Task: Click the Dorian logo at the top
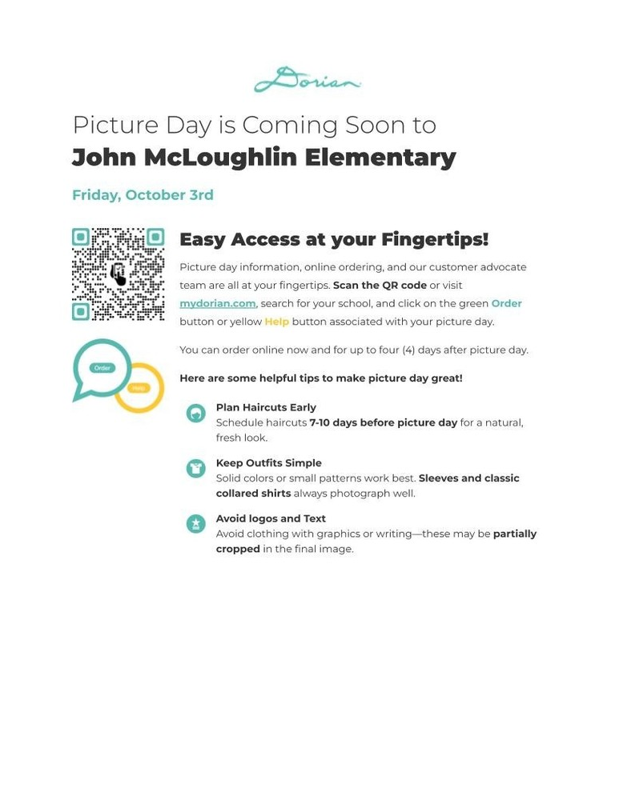(x=307, y=80)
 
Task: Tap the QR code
(x=118, y=274)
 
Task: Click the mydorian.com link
(x=217, y=303)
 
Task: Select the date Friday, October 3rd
(x=143, y=195)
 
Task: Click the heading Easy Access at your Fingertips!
(x=333, y=239)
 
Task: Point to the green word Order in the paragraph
(x=506, y=303)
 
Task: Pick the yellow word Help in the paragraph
(x=276, y=322)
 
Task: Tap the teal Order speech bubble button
(x=102, y=368)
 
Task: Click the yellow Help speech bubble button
(x=139, y=387)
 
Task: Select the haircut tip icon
(x=195, y=413)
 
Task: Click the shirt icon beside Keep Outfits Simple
(x=195, y=468)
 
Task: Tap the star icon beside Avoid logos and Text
(x=195, y=524)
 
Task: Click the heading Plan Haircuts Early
(x=266, y=407)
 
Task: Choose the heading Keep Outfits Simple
(x=268, y=463)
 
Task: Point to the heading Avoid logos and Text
(x=271, y=518)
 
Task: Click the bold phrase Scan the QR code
(x=380, y=285)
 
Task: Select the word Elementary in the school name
(x=380, y=157)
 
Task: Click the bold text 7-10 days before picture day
(x=383, y=422)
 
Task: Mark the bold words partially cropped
(x=514, y=534)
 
